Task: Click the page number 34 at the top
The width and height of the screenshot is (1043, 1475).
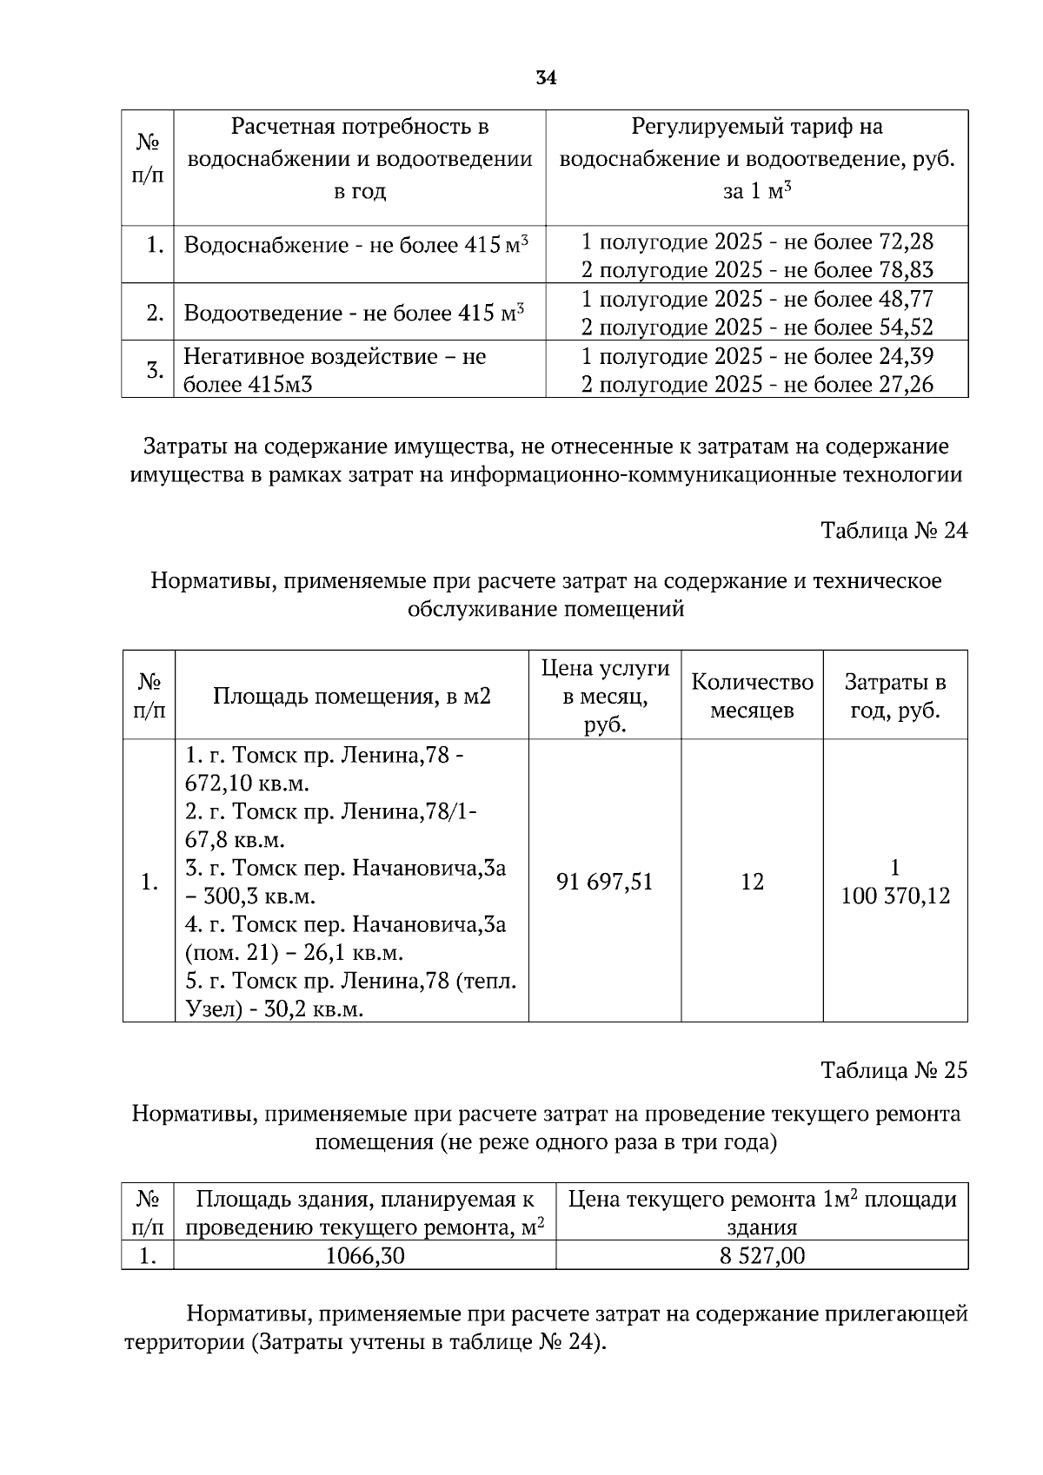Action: (546, 78)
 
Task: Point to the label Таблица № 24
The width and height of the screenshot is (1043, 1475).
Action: (894, 531)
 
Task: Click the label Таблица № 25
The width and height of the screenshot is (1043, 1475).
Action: (894, 1070)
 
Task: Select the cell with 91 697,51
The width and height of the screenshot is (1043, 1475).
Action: (604, 882)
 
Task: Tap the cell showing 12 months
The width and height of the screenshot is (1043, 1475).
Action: (752, 882)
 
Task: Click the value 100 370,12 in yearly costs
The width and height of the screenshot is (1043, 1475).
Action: (895, 896)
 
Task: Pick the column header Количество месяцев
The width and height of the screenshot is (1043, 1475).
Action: (752, 696)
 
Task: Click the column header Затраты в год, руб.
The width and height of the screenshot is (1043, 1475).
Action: (895, 696)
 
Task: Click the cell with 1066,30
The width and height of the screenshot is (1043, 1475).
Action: (364, 1255)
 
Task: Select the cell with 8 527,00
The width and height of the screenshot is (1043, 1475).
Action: (761, 1255)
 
